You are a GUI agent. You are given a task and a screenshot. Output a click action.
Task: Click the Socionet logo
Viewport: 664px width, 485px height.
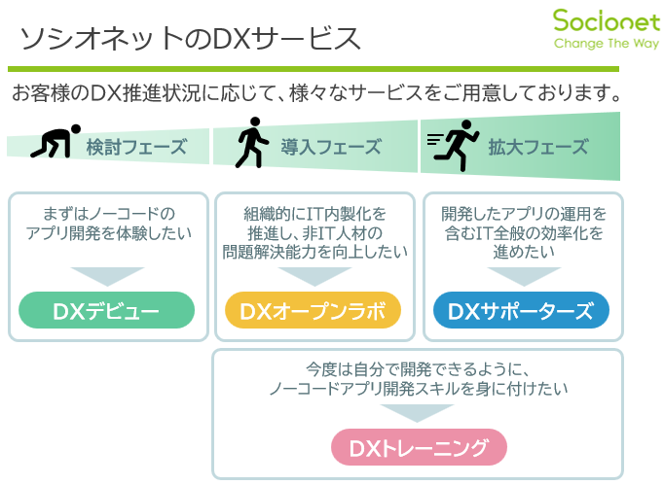[x=595, y=21]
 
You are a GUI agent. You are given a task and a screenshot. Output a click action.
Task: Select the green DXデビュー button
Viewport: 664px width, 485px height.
[x=108, y=311]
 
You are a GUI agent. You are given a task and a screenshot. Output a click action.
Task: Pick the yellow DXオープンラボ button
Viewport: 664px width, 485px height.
[x=313, y=311]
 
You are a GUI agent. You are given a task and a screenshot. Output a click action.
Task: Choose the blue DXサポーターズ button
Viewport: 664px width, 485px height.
[x=521, y=311]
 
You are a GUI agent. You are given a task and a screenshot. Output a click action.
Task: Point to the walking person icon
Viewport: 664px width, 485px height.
[x=251, y=144]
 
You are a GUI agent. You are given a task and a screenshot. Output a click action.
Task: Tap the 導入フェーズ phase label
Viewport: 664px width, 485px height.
[x=331, y=148]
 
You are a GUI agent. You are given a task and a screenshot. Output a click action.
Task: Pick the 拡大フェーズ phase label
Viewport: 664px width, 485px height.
[x=538, y=148]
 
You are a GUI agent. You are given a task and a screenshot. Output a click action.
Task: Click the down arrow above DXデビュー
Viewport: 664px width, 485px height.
[x=108, y=275]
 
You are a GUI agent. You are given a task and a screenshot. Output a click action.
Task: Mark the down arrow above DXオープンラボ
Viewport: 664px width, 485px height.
[x=313, y=275]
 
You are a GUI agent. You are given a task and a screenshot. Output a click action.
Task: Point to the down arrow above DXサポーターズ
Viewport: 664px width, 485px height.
[x=521, y=275]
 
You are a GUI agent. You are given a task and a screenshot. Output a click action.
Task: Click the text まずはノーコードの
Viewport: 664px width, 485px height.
[x=108, y=213]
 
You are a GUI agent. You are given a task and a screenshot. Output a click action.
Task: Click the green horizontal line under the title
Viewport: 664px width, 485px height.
[x=313, y=69]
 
